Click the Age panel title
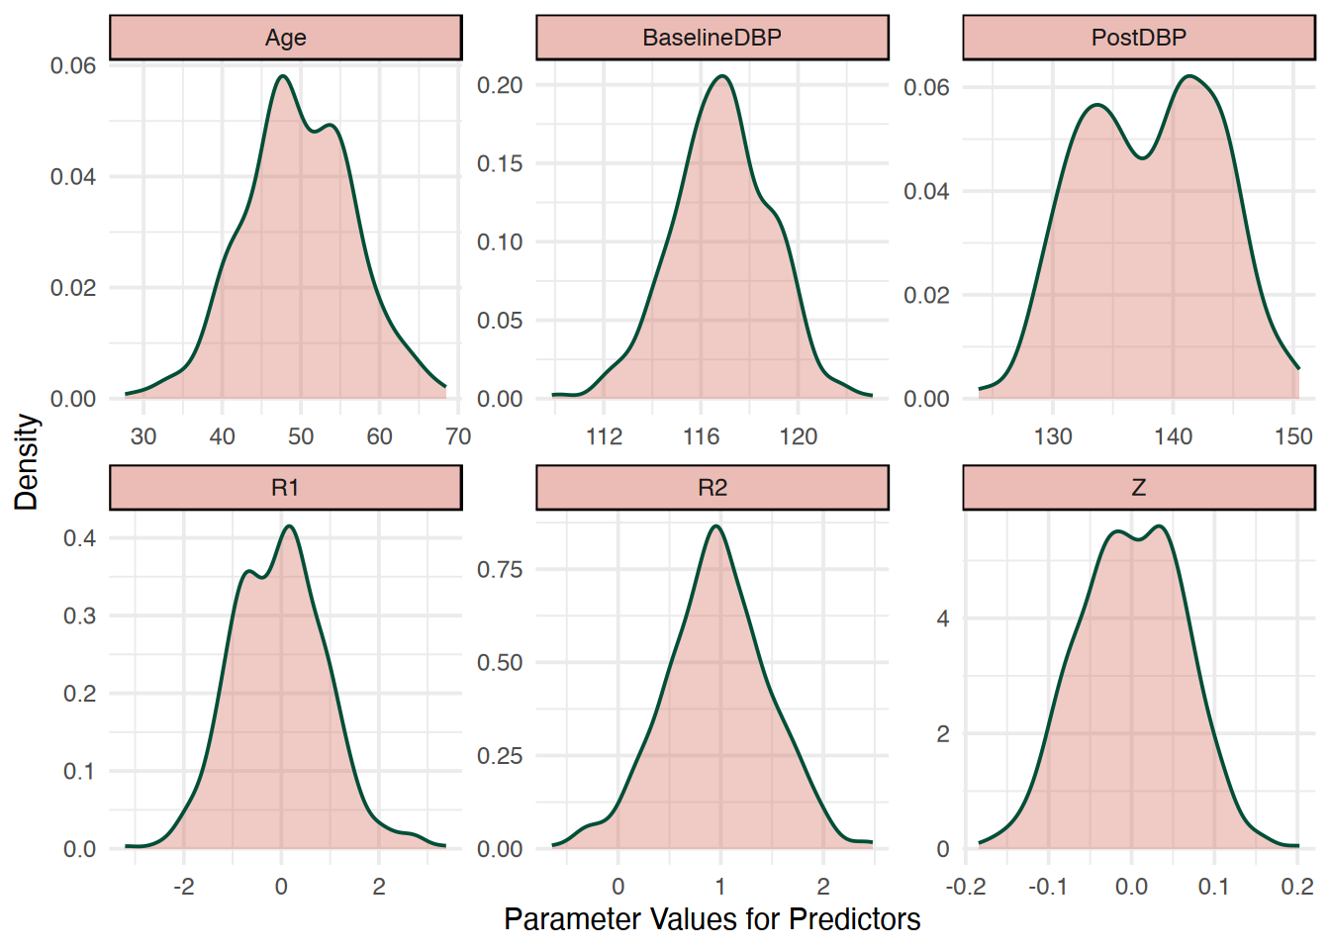(x=285, y=38)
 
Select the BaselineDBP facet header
(x=712, y=38)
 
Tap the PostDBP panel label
(x=1138, y=38)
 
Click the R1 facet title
(x=285, y=488)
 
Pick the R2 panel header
(x=712, y=488)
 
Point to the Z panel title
(x=1138, y=488)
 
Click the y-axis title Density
(x=27, y=462)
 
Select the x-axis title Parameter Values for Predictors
(x=712, y=919)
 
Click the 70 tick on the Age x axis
(x=457, y=436)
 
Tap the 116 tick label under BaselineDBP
(x=701, y=436)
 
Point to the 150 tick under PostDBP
(x=1293, y=436)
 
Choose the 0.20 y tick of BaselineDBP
(x=500, y=85)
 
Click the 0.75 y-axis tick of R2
(x=500, y=569)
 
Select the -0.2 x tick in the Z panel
(x=966, y=887)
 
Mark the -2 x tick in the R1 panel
(x=183, y=887)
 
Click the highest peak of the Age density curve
(x=284, y=76)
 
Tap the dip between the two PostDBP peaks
(x=1143, y=157)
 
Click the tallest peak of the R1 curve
(x=289, y=526)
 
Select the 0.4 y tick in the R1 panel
(x=79, y=538)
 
